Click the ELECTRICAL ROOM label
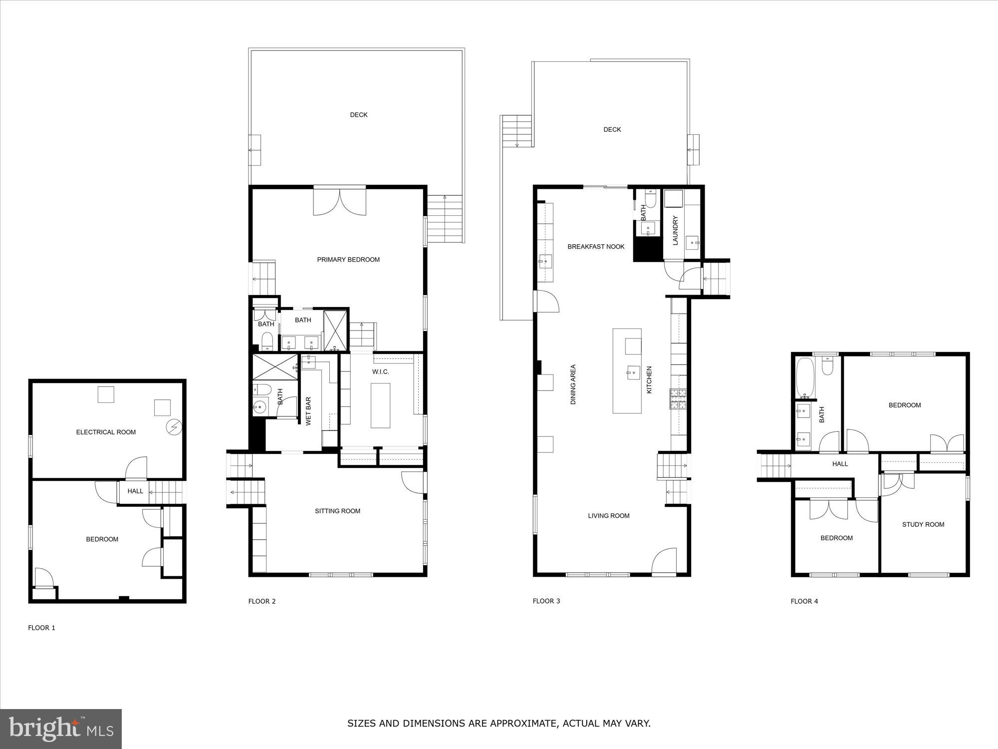(x=106, y=432)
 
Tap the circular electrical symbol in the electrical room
(x=175, y=427)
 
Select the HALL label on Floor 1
(x=135, y=491)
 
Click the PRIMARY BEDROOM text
(x=348, y=260)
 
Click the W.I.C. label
(x=380, y=372)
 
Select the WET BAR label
(x=308, y=411)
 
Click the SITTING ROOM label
(x=337, y=511)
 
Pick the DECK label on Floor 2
(x=358, y=115)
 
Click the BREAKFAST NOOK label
(x=596, y=247)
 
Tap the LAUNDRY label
(x=676, y=230)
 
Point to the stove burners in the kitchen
(x=679, y=399)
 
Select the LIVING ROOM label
(x=608, y=516)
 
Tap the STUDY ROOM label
(x=923, y=524)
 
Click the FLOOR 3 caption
(x=546, y=601)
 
